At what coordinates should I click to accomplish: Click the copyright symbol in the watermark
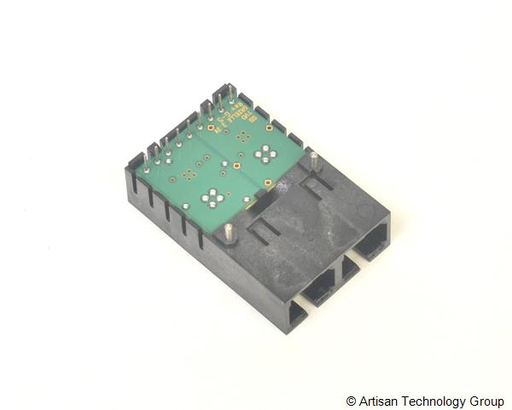click(x=351, y=401)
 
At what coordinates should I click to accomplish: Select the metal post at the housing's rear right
click(x=314, y=160)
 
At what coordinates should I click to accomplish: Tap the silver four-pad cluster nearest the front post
click(x=212, y=199)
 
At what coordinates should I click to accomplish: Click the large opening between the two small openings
click(x=320, y=286)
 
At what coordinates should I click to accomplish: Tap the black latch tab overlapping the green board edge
click(x=265, y=199)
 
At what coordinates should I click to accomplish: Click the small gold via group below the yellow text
click(x=244, y=136)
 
